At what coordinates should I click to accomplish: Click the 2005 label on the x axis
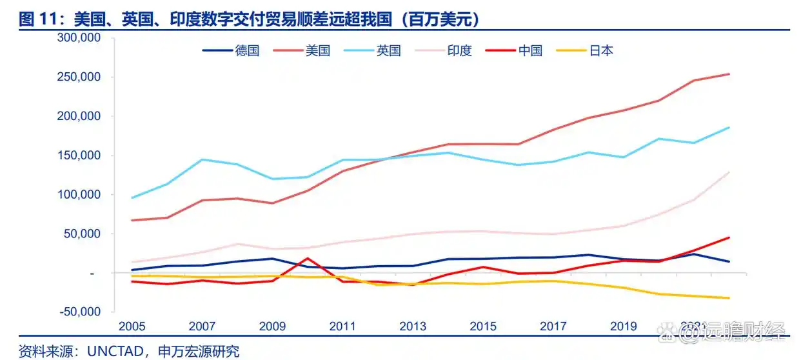(132, 326)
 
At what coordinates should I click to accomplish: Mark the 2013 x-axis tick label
(413, 326)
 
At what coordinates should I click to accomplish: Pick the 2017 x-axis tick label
(553, 326)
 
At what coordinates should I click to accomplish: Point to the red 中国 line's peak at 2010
(308, 258)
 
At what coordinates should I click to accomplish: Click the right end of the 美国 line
(729, 74)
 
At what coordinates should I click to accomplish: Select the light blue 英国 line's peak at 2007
(203, 159)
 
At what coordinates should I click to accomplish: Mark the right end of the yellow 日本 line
(729, 298)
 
